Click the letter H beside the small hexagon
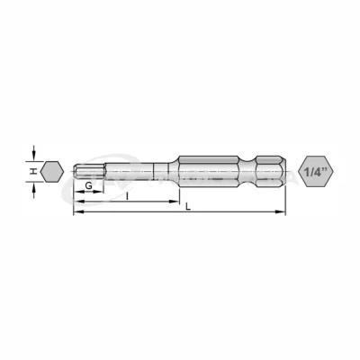[x=31, y=169]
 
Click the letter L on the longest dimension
[x=187, y=207]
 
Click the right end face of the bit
[x=283, y=169]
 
